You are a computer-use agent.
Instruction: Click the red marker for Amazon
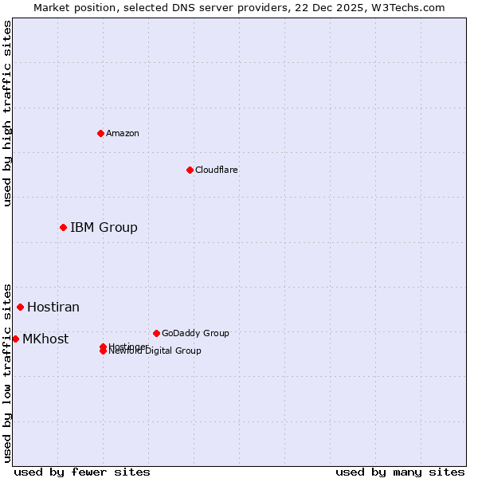(x=100, y=133)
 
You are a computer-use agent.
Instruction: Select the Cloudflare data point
(x=190, y=170)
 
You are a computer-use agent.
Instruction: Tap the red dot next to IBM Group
(x=63, y=228)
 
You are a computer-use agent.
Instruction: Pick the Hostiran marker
(x=20, y=307)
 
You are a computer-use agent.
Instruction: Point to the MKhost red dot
(x=15, y=339)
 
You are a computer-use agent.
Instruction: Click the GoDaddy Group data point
(x=156, y=333)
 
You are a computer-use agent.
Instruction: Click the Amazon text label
(x=122, y=133)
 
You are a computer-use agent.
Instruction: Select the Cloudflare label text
(x=216, y=170)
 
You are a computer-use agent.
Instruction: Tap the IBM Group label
(x=104, y=228)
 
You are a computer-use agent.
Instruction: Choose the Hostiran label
(x=53, y=307)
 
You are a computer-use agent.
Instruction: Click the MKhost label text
(x=45, y=339)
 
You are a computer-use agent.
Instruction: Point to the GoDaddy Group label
(x=195, y=333)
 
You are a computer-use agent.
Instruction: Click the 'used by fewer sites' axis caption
(x=82, y=472)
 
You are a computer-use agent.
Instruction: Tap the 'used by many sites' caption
(x=400, y=472)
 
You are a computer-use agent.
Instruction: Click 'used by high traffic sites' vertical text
(x=7, y=113)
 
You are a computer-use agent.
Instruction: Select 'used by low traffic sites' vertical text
(x=7, y=372)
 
